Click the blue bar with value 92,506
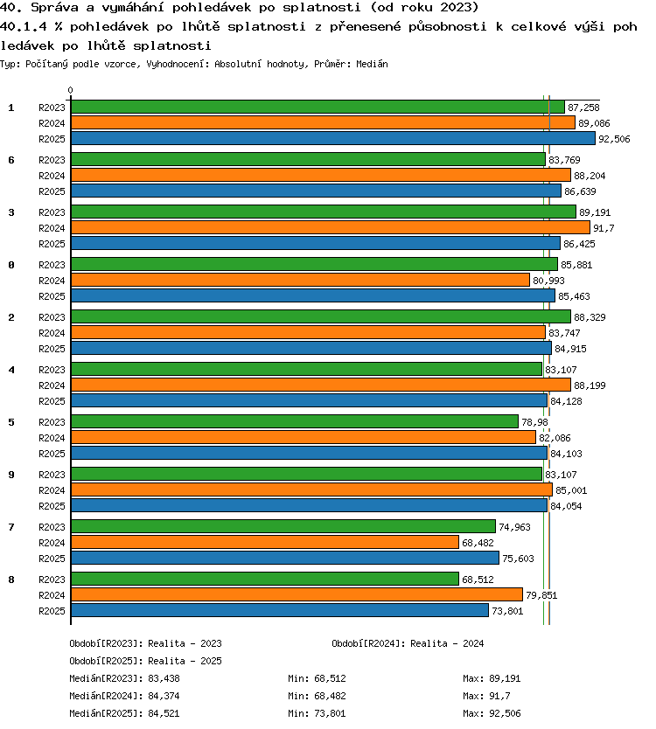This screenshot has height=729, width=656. [x=333, y=138]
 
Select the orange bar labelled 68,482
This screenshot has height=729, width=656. [x=265, y=542]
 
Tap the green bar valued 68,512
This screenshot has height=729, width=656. [x=265, y=579]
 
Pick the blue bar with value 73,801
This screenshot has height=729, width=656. [x=280, y=610]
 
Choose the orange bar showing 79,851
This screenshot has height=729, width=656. [x=297, y=594]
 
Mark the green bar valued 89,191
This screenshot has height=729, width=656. [x=324, y=212]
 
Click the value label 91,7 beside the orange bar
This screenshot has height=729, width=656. [x=604, y=228]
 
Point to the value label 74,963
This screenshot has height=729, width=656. [x=514, y=527]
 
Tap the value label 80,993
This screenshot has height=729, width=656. [x=548, y=281]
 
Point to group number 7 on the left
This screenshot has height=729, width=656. [x=11, y=527]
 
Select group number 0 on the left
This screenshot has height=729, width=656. [x=11, y=265]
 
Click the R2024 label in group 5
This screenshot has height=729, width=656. [x=52, y=438]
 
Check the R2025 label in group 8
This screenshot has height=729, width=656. [x=52, y=611]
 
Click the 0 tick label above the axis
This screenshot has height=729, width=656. [x=70, y=90]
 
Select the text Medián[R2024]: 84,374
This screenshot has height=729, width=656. [x=124, y=696]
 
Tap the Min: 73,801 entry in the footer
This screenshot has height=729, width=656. [x=317, y=713]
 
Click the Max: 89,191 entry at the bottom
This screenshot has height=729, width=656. [x=492, y=678]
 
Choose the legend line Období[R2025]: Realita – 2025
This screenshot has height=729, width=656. [x=145, y=661]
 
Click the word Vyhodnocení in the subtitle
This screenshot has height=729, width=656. [x=175, y=64]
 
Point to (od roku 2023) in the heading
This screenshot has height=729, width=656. [x=424, y=8]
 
